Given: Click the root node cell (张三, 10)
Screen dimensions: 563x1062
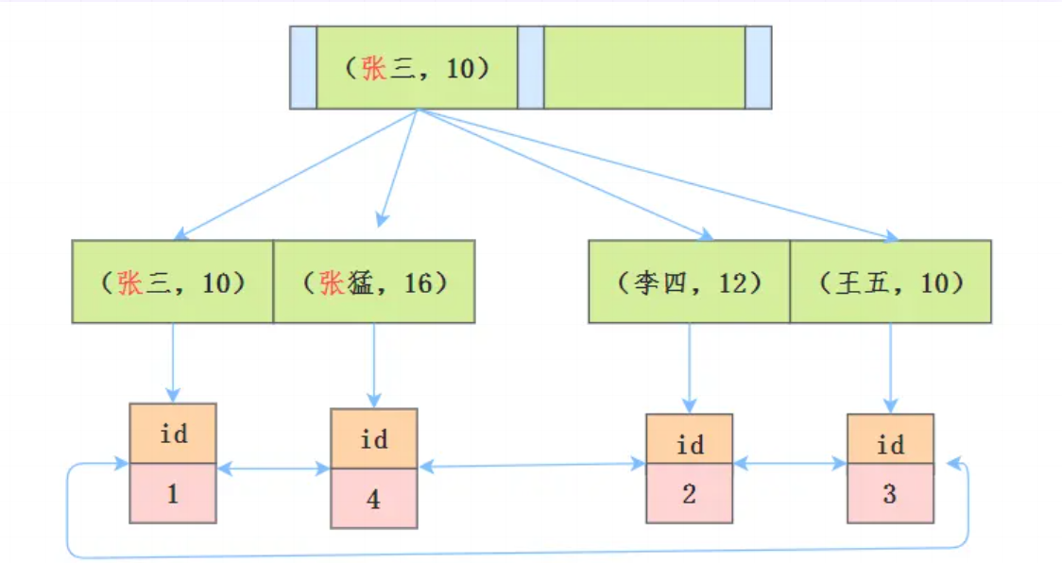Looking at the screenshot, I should (417, 68).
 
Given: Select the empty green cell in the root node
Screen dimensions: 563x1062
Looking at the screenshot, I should (644, 68).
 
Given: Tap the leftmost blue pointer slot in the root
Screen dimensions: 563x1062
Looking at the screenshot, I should (302, 68).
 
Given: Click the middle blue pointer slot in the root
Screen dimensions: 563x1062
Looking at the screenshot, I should (531, 68).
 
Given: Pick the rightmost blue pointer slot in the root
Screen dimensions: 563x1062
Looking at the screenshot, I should (758, 68).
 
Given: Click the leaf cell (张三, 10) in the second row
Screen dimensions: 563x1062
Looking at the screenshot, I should (172, 281).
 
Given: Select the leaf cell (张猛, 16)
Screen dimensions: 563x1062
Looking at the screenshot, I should (374, 281).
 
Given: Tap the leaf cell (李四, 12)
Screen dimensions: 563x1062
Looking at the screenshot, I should (689, 281).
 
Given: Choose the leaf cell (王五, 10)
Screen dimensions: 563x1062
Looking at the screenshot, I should (890, 281).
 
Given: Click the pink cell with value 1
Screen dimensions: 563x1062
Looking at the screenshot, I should (173, 493).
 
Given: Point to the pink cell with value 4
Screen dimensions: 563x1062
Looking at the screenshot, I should (373, 498).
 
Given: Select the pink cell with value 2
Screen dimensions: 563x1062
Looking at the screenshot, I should (689, 493).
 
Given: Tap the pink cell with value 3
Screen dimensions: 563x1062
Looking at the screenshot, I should (890, 493).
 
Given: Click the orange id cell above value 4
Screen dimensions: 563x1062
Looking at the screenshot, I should (373, 439).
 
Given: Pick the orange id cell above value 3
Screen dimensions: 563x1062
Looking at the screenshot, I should (890, 445).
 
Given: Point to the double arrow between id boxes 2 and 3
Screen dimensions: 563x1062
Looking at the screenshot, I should (790, 464).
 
